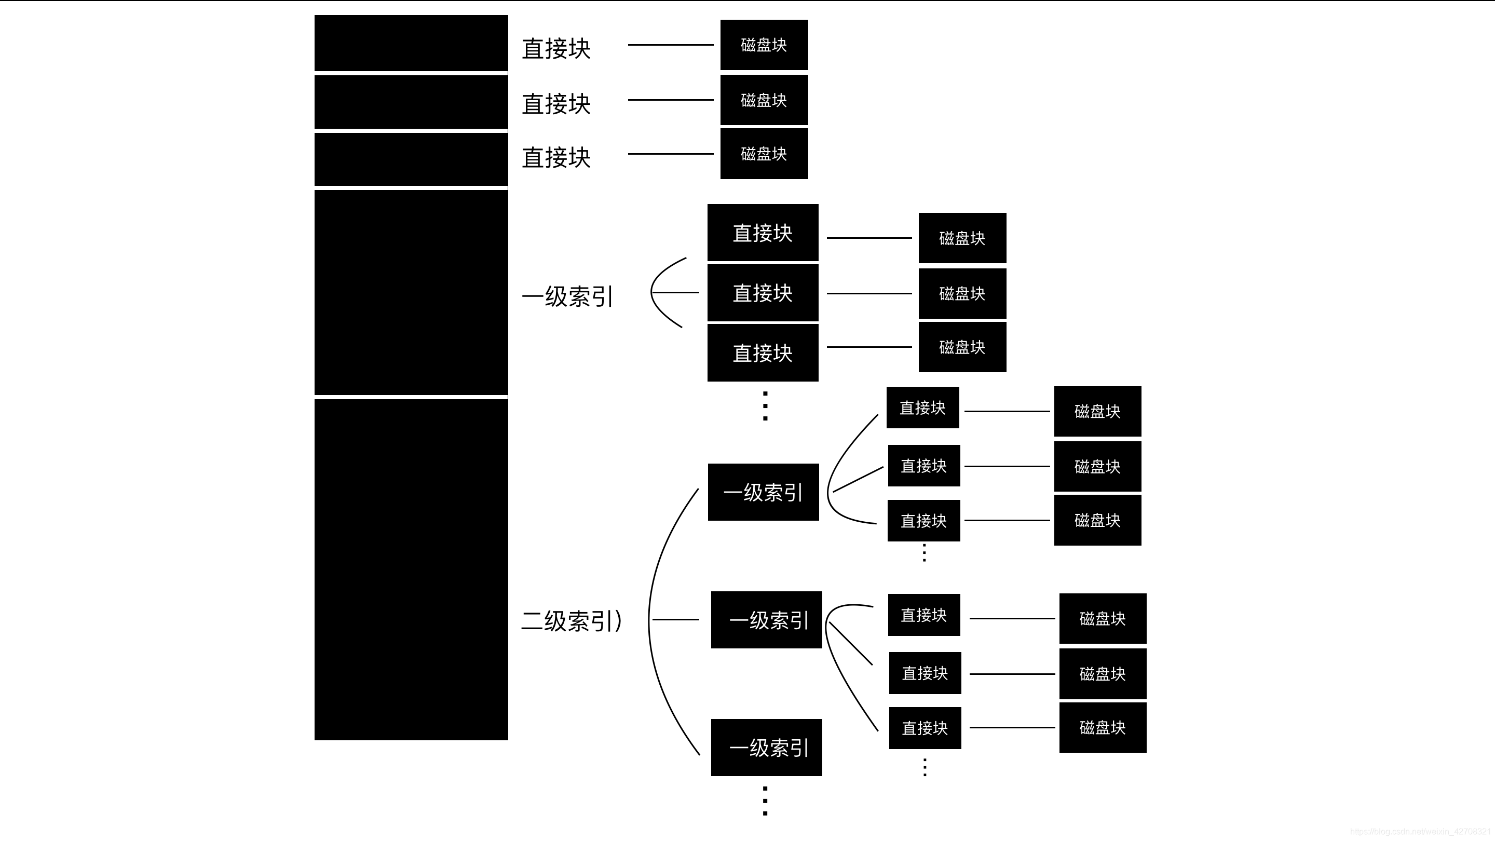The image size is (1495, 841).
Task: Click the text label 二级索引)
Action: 572,620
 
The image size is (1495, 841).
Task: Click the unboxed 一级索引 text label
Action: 567,296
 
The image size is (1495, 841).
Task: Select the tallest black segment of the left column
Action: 411,569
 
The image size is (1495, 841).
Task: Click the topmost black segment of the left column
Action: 411,43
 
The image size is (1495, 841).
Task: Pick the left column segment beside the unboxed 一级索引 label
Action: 411,292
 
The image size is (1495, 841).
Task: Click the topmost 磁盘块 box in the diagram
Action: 764,45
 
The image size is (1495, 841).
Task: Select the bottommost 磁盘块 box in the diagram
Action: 1102,727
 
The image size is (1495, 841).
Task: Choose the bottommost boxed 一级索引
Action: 766,748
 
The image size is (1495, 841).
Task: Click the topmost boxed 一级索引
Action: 763,492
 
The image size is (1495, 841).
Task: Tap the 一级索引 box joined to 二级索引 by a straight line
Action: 766,620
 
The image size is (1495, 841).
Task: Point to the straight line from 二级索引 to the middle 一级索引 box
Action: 675,620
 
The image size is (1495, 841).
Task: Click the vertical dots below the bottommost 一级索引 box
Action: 765,801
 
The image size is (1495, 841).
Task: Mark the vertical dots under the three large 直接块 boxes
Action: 765,405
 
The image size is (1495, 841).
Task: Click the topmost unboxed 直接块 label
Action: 556,49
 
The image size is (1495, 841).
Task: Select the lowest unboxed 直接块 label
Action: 556,158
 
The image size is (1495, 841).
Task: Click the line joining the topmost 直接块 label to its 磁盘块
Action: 670,45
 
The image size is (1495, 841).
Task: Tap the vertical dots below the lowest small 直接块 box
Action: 925,767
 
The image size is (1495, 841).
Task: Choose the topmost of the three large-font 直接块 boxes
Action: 763,233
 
